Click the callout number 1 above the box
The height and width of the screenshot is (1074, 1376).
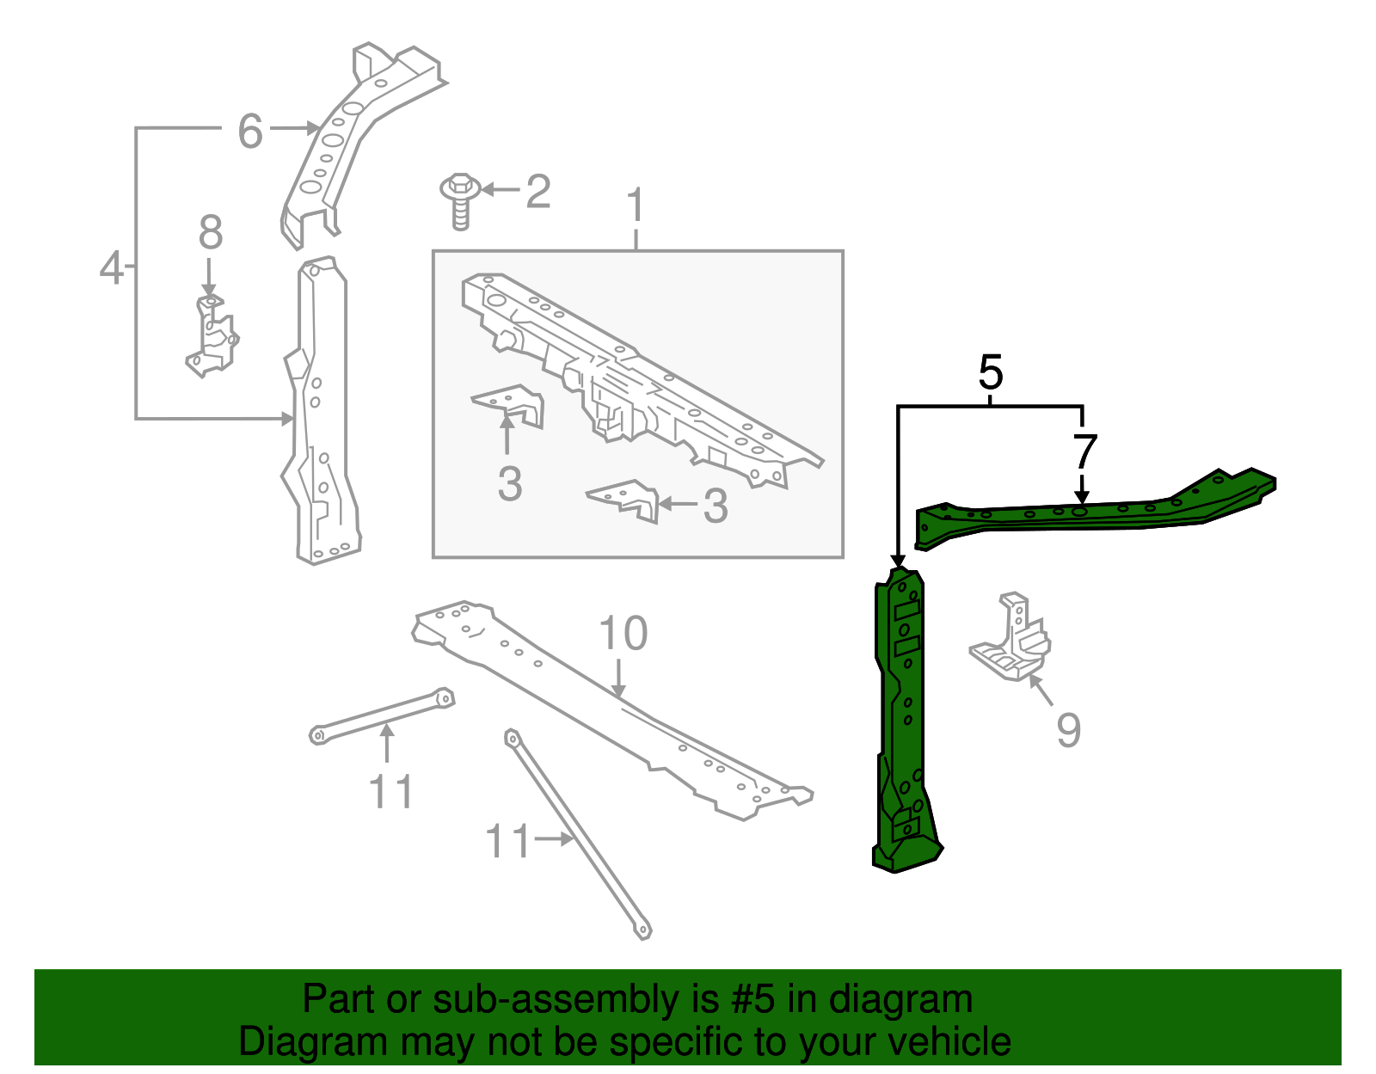tap(636, 206)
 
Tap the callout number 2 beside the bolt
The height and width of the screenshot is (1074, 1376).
tap(538, 191)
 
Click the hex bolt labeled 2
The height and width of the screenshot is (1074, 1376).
tap(460, 199)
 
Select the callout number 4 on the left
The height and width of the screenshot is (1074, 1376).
tap(112, 267)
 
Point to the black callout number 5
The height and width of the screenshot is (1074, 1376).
tap(991, 373)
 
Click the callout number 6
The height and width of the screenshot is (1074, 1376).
tap(249, 132)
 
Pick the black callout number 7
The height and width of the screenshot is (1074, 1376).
tap(1085, 451)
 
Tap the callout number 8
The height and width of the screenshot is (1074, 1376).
tap(211, 233)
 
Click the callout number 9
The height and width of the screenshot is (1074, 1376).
tap(1068, 730)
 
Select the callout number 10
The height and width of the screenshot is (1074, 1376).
tap(623, 634)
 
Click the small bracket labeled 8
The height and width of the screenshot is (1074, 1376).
tap(212, 337)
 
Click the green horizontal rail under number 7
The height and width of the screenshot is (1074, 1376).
tap(1092, 514)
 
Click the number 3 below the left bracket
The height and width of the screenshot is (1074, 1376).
tap(510, 485)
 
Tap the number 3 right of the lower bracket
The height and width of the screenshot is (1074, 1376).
tap(716, 506)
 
